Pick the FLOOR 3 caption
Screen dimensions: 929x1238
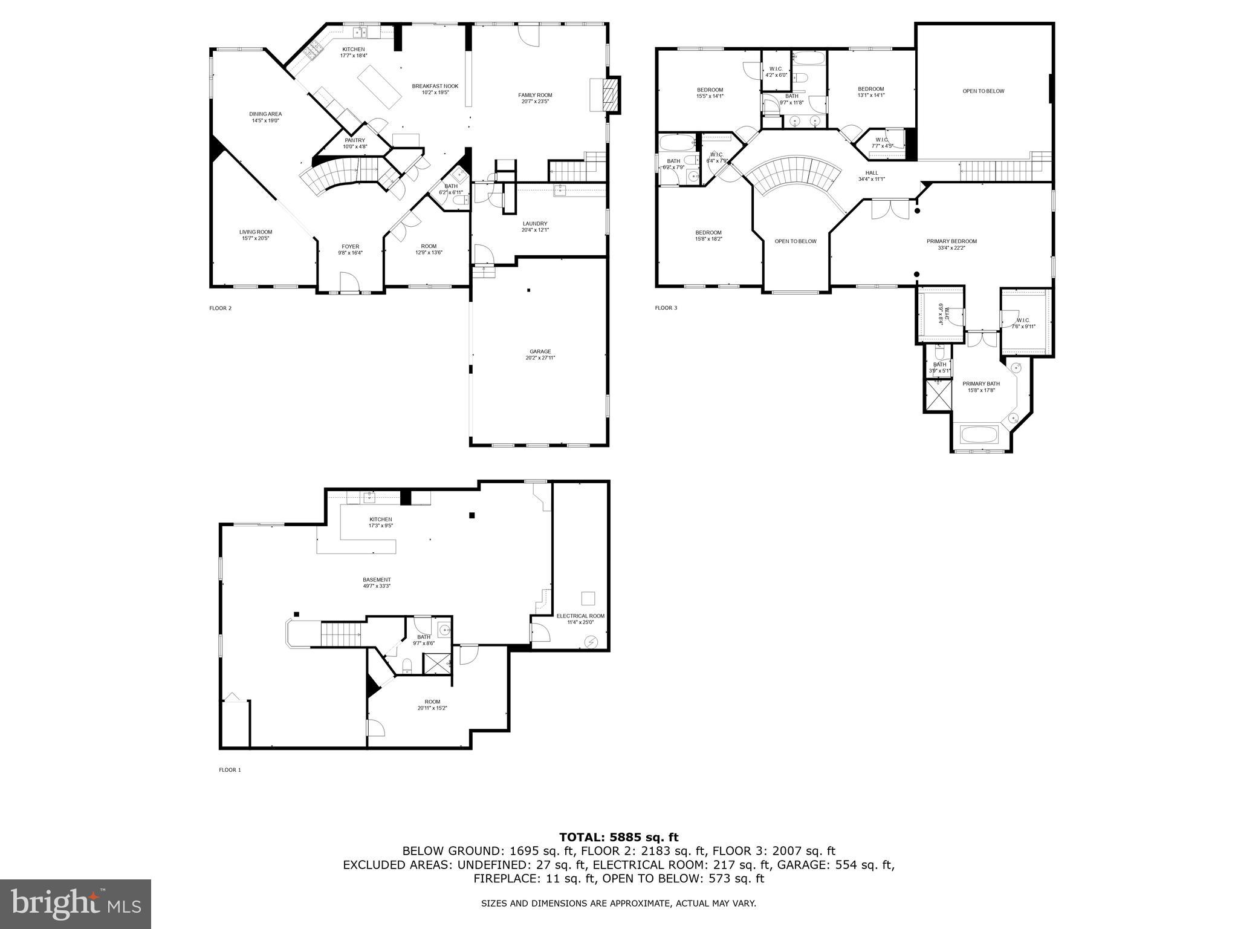tap(666, 308)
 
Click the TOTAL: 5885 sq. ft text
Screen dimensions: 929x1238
tap(618, 837)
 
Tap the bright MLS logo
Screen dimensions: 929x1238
tap(76, 904)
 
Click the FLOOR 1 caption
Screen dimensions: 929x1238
tap(230, 770)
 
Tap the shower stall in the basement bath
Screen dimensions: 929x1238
tap(436, 663)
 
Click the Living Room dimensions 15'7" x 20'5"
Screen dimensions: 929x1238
tap(255, 238)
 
